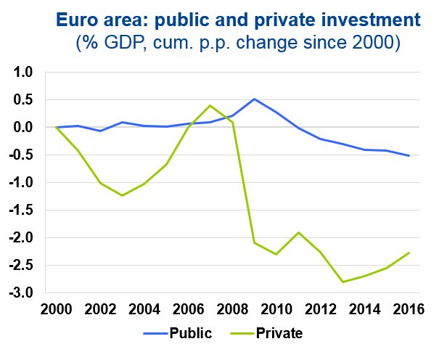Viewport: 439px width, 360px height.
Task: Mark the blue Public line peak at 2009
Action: pos(255,99)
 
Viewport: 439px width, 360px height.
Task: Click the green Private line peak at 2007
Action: pos(210,105)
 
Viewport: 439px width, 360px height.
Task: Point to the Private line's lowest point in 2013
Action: pos(342,282)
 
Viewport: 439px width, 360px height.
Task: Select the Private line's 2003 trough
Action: pos(122,195)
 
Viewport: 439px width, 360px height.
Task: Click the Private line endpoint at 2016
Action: pos(409,253)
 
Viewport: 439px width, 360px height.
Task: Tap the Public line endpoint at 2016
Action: pos(409,155)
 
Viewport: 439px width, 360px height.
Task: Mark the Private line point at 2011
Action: pos(298,232)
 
